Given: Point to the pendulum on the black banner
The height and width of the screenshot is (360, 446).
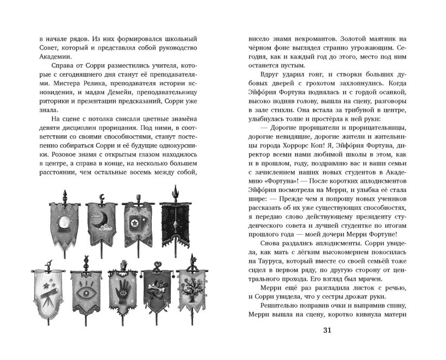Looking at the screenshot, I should (x=175, y=222).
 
